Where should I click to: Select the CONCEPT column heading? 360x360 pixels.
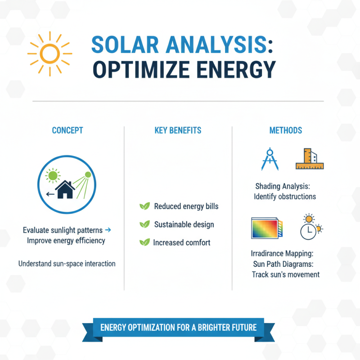(x=67, y=130)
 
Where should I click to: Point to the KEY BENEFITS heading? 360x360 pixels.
(x=178, y=130)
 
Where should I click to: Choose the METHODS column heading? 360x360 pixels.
(x=286, y=130)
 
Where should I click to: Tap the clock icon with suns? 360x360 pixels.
(x=309, y=228)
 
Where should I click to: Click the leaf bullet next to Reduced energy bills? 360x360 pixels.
(x=144, y=207)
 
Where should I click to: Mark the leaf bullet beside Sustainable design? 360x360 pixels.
(x=144, y=224)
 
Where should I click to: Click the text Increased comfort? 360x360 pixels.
(x=182, y=243)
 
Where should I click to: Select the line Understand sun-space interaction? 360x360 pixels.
(x=67, y=264)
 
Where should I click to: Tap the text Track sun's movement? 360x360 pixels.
(x=286, y=274)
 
